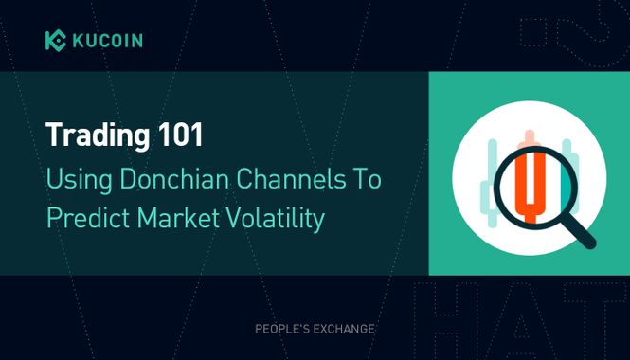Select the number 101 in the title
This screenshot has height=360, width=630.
pos(180,135)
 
